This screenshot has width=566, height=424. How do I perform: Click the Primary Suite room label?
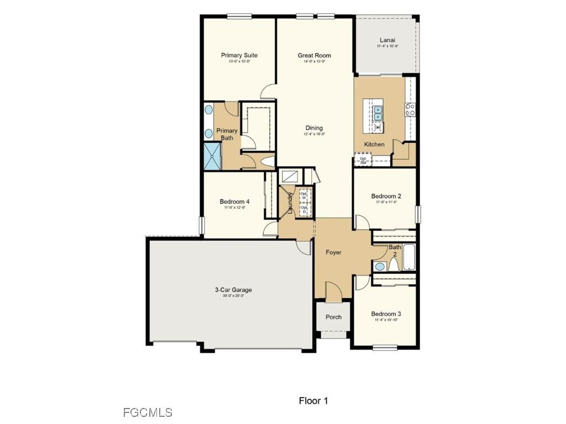tap(239, 55)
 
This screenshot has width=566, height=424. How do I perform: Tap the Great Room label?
tap(314, 55)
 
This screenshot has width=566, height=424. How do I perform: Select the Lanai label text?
tap(387, 40)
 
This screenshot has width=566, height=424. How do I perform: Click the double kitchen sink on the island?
tap(378, 113)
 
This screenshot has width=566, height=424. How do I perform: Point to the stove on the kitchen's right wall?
tap(410, 109)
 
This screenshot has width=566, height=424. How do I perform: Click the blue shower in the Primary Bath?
tap(212, 156)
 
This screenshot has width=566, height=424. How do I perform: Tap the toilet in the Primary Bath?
tap(267, 162)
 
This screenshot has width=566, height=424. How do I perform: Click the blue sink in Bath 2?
tap(380, 267)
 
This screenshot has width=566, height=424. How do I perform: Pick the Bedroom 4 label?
tap(234, 202)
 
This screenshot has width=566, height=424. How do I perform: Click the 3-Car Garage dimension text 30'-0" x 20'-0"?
tap(233, 296)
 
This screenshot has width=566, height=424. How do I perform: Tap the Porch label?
tap(333, 317)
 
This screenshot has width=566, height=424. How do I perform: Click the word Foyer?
tap(333, 252)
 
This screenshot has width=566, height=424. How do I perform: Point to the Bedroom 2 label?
tap(386, 196)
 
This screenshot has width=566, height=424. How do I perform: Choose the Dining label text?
tap(314, 128)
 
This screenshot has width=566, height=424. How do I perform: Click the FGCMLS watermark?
tap(148, 412)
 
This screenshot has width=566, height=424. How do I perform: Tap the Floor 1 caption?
tap(313, 401)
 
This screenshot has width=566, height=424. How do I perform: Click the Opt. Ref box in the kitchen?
tap(363, 161)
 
